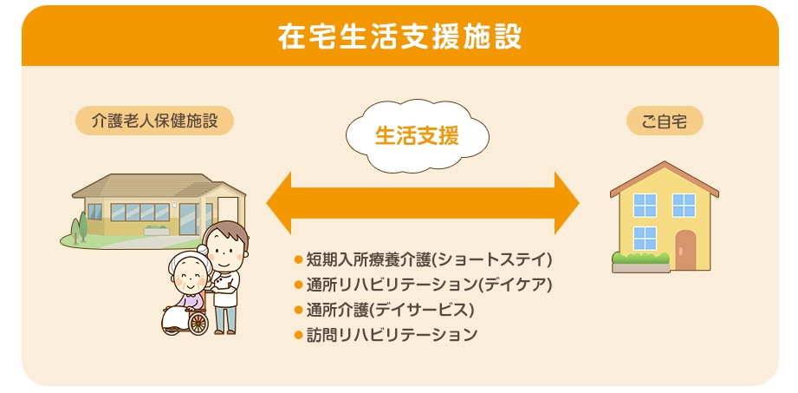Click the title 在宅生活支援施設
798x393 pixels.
(399, 36)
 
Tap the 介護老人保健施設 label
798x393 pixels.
(155, 121)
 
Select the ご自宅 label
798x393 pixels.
(665, 121)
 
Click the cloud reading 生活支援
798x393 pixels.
(418, 136)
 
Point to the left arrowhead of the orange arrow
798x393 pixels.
(279, 203)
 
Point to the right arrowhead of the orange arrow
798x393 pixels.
(567, 203)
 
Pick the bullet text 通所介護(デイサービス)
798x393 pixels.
(390, 310)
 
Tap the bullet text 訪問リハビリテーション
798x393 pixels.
(392, 334)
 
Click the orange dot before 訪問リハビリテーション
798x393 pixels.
(298, 335)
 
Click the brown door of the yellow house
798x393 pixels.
(685, 250)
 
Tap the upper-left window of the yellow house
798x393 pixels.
(645, 205)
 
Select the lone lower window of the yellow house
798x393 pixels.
(645, 238)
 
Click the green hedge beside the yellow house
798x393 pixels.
(641, 258)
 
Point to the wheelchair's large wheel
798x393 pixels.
(198, 324)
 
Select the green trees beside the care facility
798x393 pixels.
(79, 226)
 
